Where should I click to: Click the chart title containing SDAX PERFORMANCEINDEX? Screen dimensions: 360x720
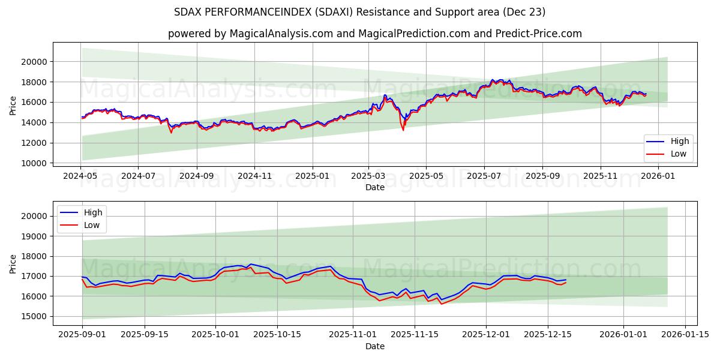[359, 12]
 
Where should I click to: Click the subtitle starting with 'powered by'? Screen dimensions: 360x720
[374, 34]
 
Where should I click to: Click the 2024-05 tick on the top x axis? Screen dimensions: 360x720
[80, 177]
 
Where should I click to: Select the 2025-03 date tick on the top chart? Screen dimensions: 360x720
[368, 177]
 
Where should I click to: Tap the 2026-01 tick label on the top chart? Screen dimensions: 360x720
[658, 177]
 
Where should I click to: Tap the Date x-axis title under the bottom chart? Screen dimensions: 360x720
[374, 347]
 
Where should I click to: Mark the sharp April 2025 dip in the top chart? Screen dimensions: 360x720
[403, 129]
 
